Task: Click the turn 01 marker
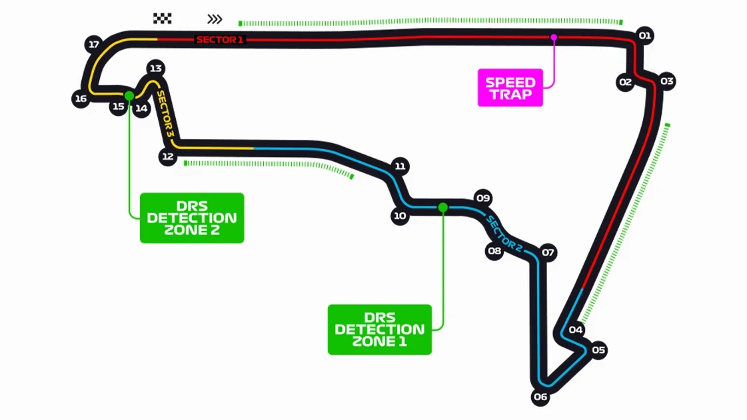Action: pos(644,36)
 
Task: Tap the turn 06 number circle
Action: pos(540,397)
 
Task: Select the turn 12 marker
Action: pos(168,157)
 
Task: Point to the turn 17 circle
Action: pos(94,45)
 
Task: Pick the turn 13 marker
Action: pos(155,68)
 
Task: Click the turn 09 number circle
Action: pos(483,198)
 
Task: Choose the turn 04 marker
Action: pos(576,329)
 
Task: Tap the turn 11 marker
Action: pos(400,166)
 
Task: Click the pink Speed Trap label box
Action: pos(510,88)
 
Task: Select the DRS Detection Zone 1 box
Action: pos(379,329)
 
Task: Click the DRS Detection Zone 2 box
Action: pos(192,218)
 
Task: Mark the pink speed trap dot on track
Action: pos(553,37)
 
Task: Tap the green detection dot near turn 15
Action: pos(129,95)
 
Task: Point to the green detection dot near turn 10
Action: pos(442,208)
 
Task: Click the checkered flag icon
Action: pos(162,19)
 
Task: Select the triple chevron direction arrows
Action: pos(215,19)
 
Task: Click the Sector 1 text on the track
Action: pos(220,40)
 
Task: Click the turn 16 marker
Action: pos(81,99)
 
